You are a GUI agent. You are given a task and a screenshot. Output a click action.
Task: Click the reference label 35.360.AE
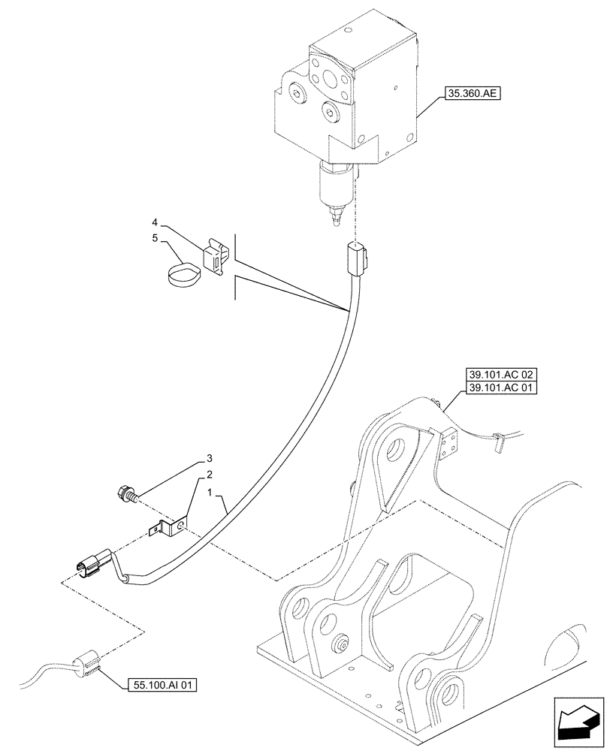(x=473, y=95)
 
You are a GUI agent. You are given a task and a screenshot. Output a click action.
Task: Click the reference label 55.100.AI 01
(x=158, y=685)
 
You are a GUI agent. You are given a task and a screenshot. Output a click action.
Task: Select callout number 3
(x=210, y=457)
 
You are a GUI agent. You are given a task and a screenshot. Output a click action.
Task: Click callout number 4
(x=154, y=222)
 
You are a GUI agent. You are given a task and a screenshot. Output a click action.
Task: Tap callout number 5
(x=154, y=239)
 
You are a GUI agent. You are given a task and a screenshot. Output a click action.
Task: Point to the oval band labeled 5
(x=183, y=274)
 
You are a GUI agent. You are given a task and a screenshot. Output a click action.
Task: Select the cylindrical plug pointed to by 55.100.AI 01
(x=86, y=663)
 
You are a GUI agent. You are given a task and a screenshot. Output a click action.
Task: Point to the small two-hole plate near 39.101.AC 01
(x=449, y=443)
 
